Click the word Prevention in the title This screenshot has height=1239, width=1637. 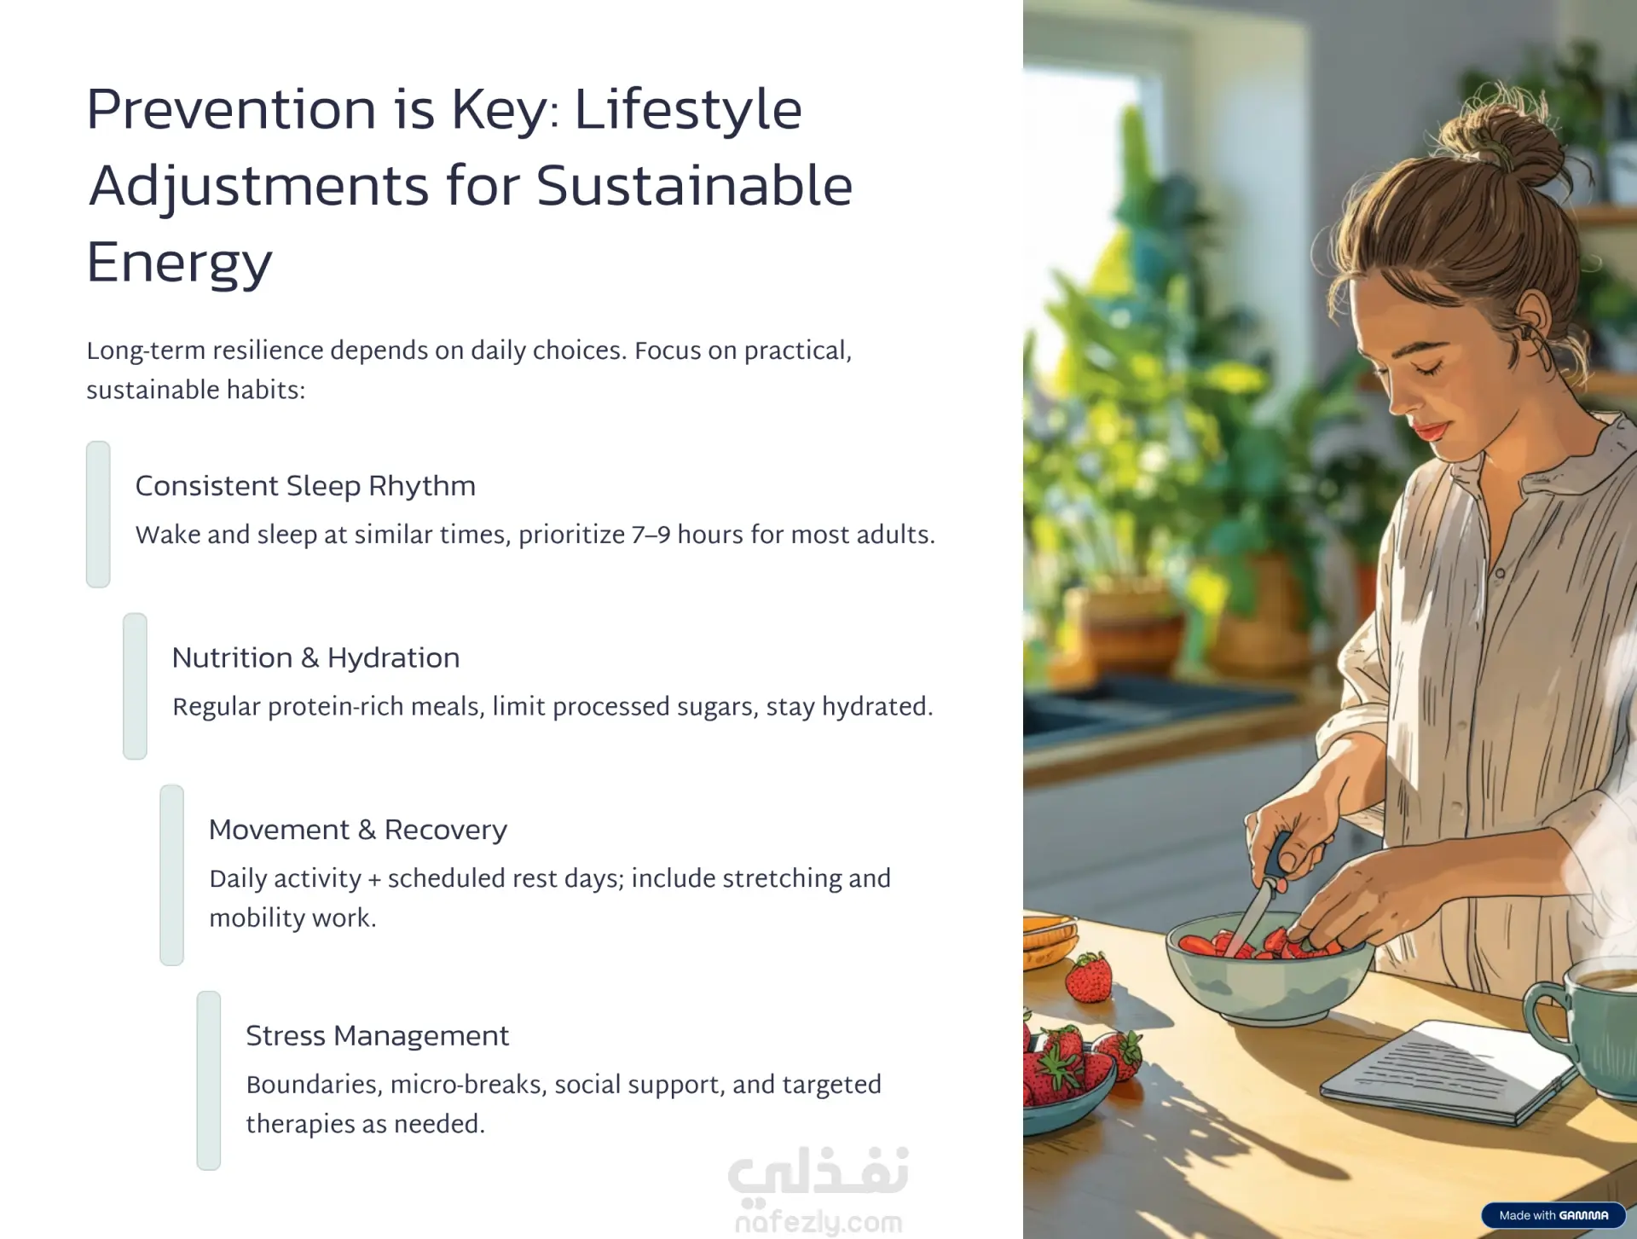pyautogui.click(x=231, y=109)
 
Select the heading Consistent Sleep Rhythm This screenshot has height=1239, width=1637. pyautogui.click(x=305, y=486)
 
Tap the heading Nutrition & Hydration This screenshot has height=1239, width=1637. pyautogui.click(x=315, y=657)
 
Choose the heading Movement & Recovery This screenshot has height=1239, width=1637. pyautogui.click(x=357, y=830)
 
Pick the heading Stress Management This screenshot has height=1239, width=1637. pyautogui.click(x=377, y=1036)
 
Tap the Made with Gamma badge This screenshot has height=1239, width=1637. pyautogui.click(x=1553, y=1215)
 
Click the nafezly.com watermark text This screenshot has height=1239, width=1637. pyautogui.click(x=818, y=1221)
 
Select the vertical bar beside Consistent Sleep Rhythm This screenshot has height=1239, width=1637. pyautogui.click(x=98, y=514)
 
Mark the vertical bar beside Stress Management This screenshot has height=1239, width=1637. pyautogui.click(x=209, y=1080)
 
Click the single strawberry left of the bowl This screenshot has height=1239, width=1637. pyautogui.click(x=1089, y=977)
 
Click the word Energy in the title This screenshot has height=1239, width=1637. pyautogui.click(x=179, y=263)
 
